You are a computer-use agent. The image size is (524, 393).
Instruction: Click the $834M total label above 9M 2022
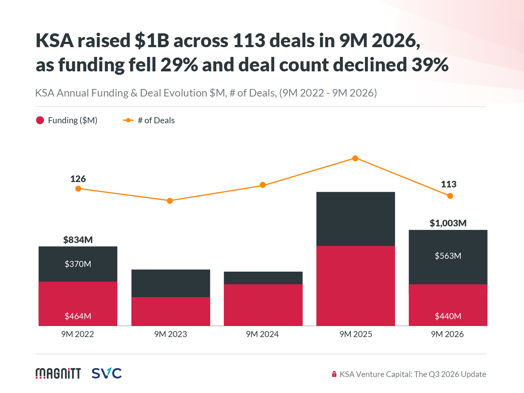pos(78,240)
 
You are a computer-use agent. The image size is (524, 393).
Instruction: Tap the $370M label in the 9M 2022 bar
pos(78,264)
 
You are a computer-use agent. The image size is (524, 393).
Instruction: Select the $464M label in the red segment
pos(78,316)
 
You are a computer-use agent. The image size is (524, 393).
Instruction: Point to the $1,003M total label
pos(448,223)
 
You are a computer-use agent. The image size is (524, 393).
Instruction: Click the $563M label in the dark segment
pos(448,256)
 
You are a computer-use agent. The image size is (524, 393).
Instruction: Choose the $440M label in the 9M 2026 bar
pos(448,316)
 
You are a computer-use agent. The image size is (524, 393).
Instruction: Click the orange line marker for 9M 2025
pos(355,158)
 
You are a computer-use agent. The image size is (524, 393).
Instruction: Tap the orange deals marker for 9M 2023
pos(170,201)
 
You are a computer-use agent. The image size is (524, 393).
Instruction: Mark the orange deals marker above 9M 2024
pos(262,185)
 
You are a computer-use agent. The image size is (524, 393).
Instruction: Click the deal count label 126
pos(78,179)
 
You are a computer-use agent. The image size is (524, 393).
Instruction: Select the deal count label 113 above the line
pos(449,184)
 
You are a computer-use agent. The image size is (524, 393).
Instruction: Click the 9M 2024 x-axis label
pos(262,334)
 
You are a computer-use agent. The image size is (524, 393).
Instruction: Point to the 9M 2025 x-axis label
pos(356,334)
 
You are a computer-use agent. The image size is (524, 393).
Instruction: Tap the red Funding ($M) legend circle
pos(40,120)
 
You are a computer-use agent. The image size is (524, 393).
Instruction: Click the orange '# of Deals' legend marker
pos(128,120)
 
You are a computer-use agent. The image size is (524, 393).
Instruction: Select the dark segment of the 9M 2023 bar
pos(171,283)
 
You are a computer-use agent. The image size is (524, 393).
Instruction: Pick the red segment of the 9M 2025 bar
pos(356,286)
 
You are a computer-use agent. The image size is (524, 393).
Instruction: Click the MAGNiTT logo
pos(58,374)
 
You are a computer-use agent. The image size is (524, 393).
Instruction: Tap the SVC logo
pos(107,373)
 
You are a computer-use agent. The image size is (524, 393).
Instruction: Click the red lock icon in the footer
pos(334,374)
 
